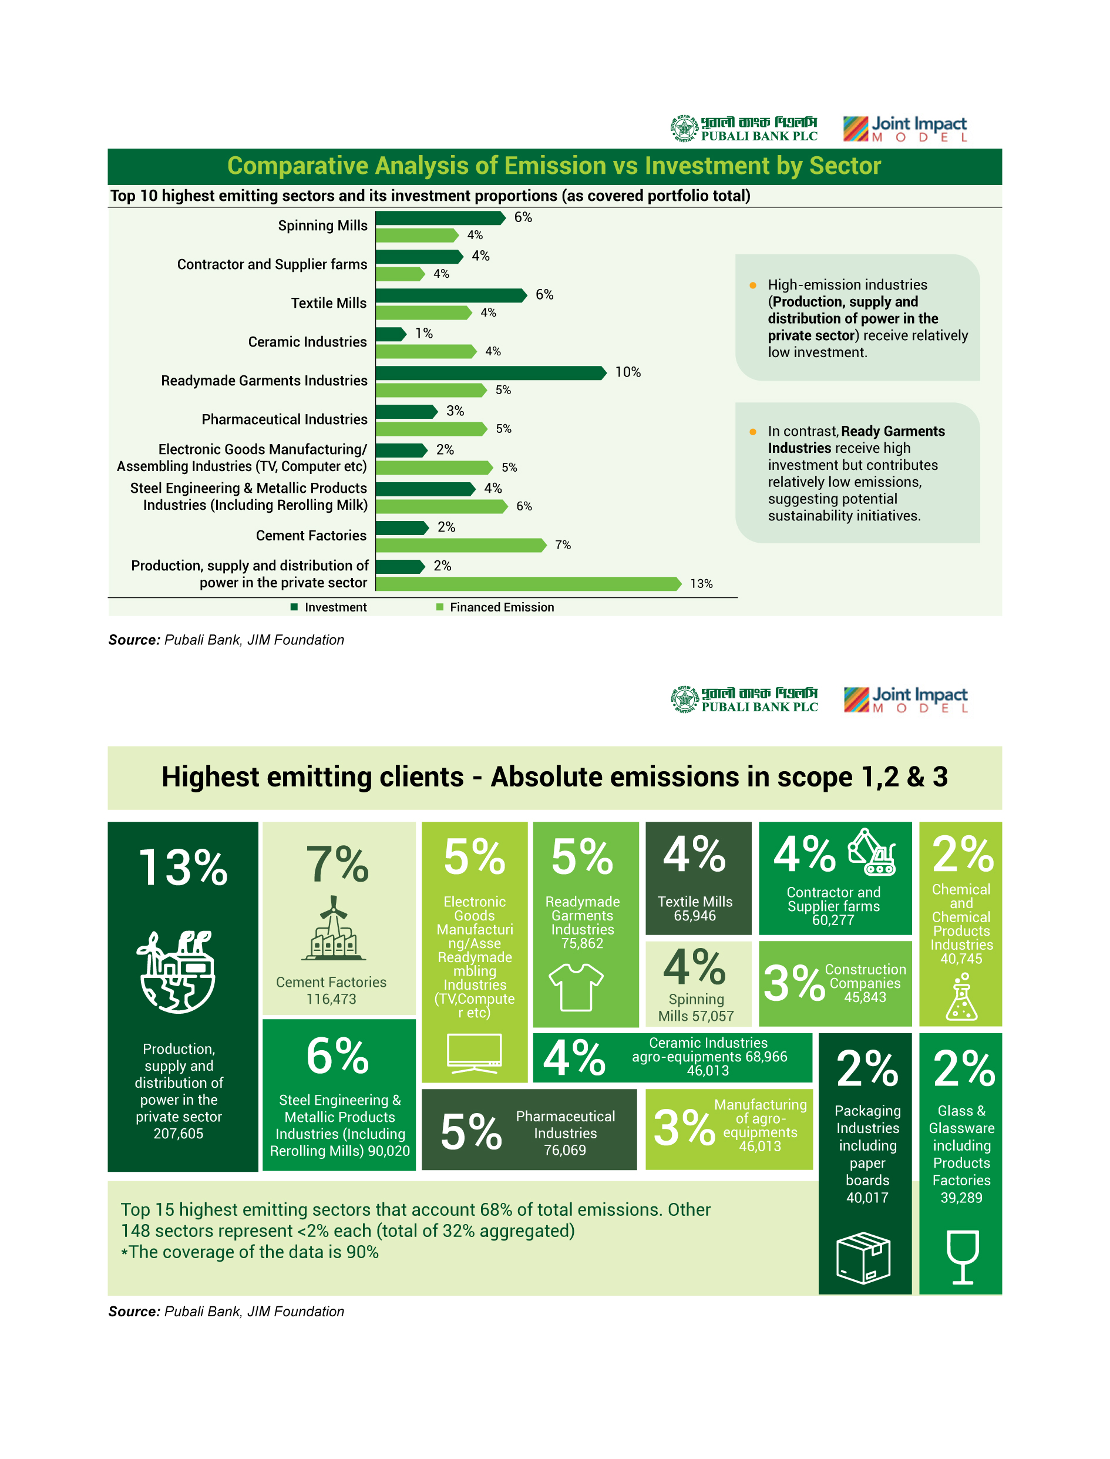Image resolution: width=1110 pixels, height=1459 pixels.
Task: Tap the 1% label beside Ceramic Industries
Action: point(423,334)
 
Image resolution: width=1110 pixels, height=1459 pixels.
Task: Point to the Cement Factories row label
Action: point(311,536)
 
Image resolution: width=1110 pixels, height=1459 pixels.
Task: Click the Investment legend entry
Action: point(329,607)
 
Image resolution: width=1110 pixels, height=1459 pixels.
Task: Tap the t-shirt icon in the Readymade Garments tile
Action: point(576,987)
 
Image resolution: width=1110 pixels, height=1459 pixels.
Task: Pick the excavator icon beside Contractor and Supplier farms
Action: point(872,852)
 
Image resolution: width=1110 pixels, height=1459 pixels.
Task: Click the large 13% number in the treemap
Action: point(183,868)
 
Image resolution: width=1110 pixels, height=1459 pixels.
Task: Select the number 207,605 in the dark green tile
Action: point(179,1134)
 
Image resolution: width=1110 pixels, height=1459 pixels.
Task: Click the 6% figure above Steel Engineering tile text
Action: point(338,1056)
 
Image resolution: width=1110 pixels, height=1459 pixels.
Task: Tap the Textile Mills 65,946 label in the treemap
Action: point(695,909)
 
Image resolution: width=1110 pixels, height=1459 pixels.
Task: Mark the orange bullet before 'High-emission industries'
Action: point(752,285)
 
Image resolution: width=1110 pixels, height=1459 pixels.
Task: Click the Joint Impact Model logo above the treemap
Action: point(905,700)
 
